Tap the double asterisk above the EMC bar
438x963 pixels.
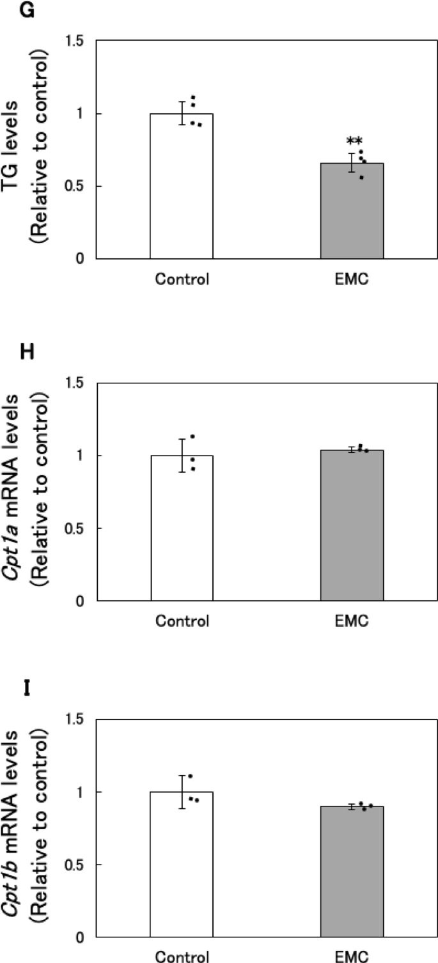coord(354,141)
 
